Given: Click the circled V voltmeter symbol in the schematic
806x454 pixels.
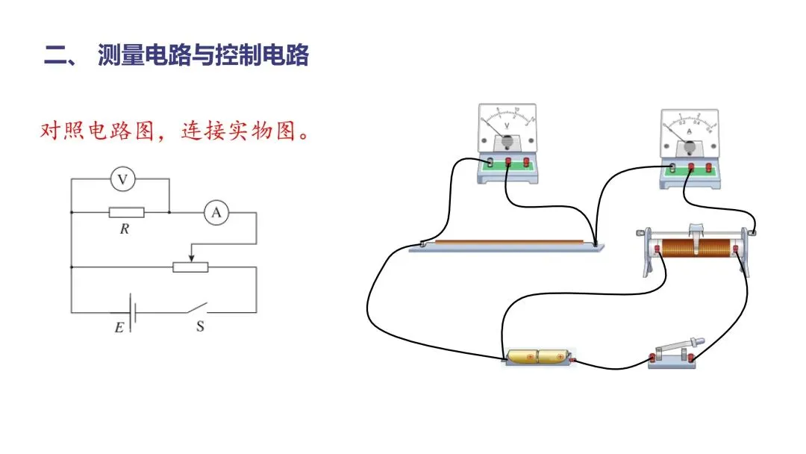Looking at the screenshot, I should (123, 179).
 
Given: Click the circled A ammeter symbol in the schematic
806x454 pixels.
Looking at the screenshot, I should (216, 213).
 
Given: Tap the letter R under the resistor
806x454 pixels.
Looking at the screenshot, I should (125, 229).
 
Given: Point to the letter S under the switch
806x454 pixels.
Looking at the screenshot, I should (200, 326).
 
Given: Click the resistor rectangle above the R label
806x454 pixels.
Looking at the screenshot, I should (126, 213).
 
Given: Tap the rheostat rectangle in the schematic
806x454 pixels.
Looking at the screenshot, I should (190, 267).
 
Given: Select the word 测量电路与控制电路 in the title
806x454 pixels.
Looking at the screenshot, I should (203, 56).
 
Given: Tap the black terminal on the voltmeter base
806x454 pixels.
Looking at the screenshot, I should (490, 162).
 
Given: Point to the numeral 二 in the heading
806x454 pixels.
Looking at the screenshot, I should (56, 56).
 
